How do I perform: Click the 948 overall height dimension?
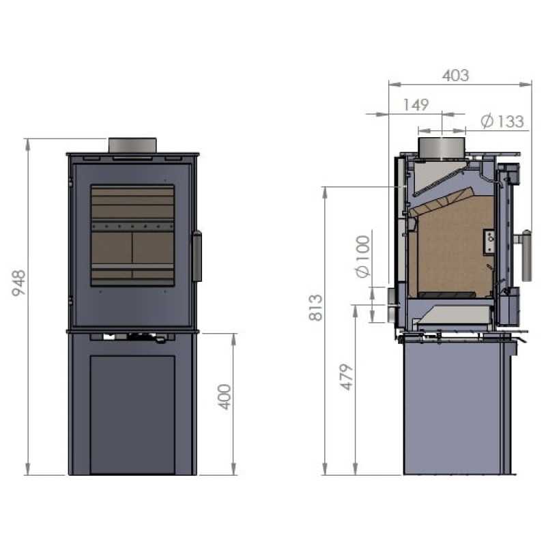[x=19, y=283]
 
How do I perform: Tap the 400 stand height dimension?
[x=225, y=397]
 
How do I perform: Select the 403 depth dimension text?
[x=455, y=75]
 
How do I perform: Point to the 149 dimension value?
[x=416, y=104]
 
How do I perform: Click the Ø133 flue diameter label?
[x=502, y=121]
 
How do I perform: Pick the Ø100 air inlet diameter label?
[x=362, y=257]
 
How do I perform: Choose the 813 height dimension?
[x=316, y=308]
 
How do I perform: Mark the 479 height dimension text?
[x=347, y=377]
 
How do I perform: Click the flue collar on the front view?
[x=132, y=145]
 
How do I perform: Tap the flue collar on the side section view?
[x=441, y=147]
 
